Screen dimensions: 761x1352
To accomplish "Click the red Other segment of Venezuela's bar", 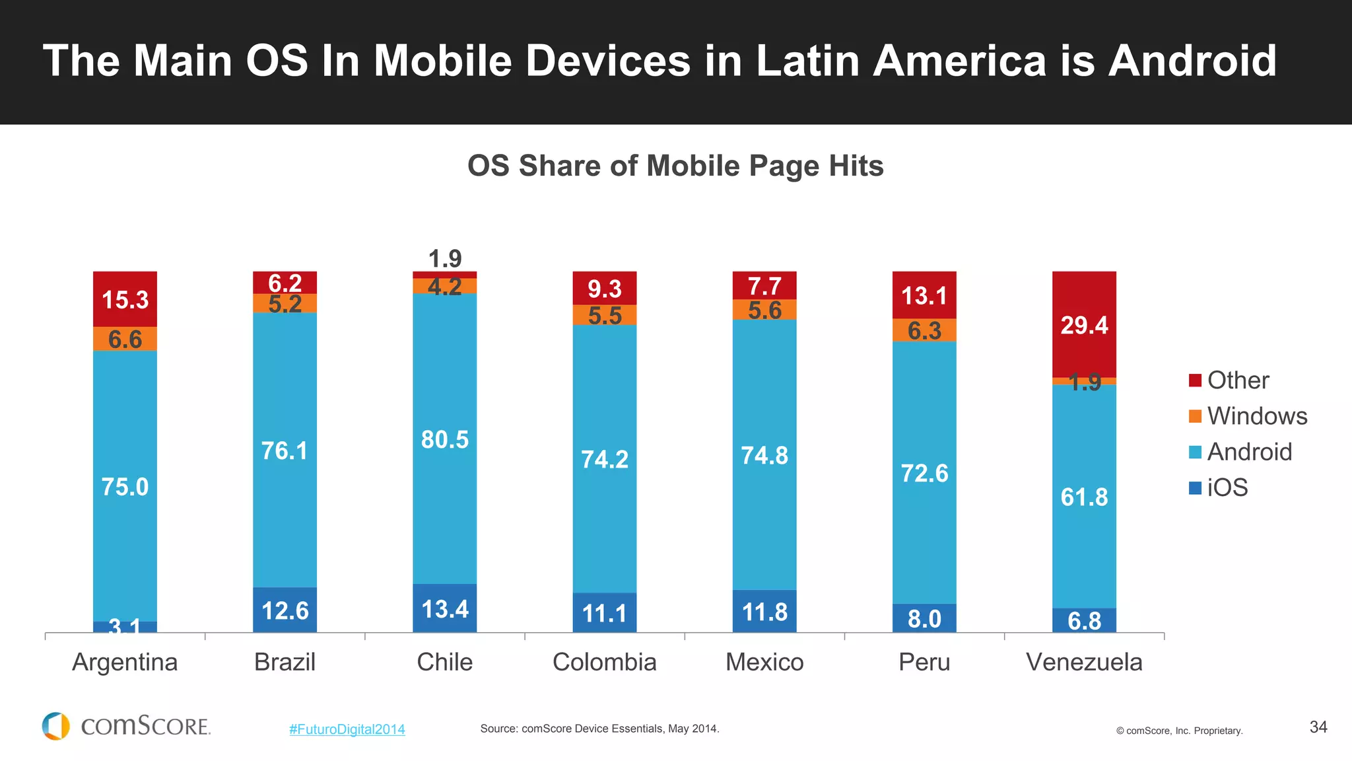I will [1084, 324].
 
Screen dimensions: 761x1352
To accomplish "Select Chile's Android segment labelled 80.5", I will [444, 439].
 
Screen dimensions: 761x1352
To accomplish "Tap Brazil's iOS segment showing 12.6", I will [285, 610].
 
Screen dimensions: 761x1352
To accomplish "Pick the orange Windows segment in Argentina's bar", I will [125, 339].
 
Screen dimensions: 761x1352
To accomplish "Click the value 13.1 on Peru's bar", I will [924, 295].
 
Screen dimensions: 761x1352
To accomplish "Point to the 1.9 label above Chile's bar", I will [445, 258].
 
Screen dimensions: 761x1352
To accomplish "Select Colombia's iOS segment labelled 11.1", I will [604, 613].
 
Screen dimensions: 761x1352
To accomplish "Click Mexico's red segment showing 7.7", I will [764, 286].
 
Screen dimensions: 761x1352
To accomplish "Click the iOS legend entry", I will [1227, 488].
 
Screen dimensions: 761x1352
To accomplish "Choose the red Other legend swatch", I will [1195, 380].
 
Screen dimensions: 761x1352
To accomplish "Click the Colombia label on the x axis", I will [604, 662].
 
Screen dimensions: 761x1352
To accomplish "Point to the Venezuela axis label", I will [1084, 662].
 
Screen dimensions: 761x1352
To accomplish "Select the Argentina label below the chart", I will [125, 662].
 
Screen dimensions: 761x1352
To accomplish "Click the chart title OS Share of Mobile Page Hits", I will [675, 166].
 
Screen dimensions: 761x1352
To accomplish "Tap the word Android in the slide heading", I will [1192, 61].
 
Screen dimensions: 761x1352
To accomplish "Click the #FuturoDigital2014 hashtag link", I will [347, 729].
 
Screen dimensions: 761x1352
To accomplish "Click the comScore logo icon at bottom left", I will [56, 726].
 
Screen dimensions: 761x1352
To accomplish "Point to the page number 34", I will [1318, 727].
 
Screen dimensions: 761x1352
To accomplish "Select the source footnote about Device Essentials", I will [599, 729].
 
